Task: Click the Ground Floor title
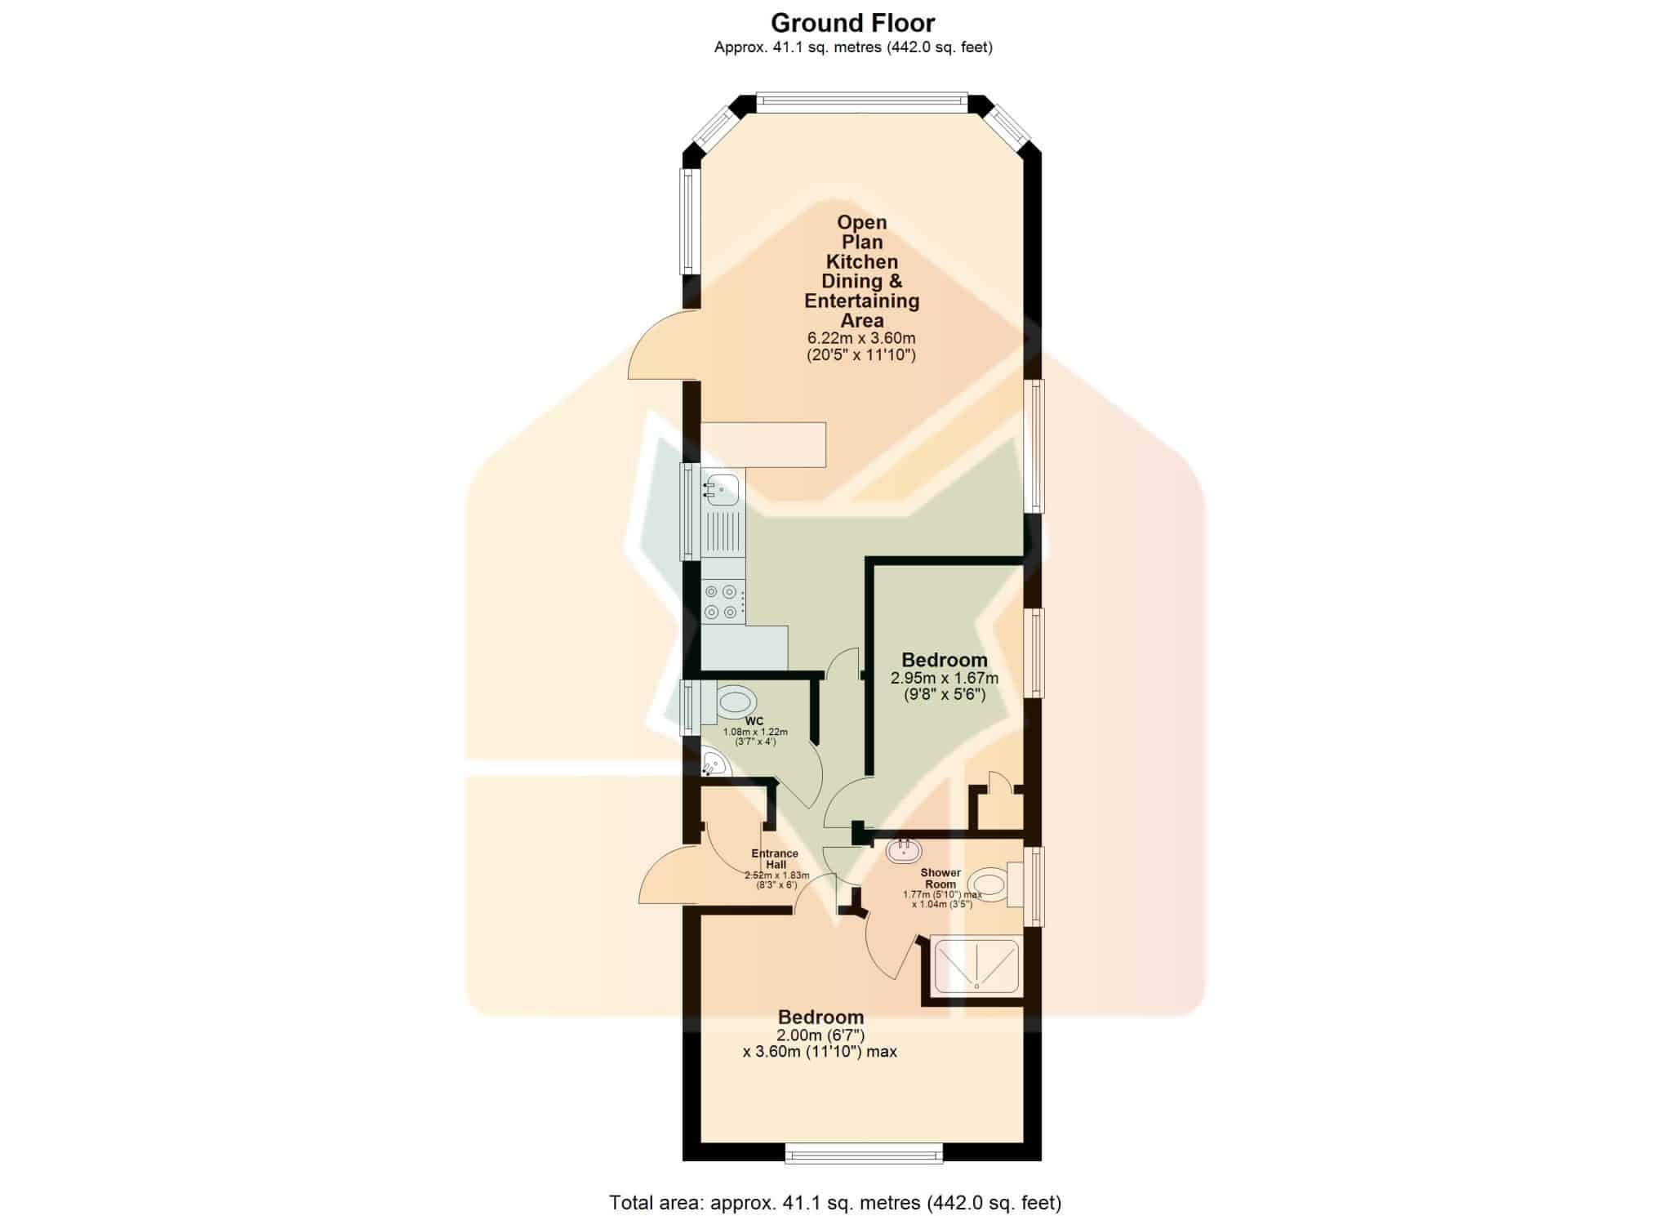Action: (x=853, y=23)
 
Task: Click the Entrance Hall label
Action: (x=775, y=858)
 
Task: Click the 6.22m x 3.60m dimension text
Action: (x=861, y=338)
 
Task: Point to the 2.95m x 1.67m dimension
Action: (x=945, y=678)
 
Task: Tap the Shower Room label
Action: (x=940, y=878)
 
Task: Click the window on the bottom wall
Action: (x=864, y=1153)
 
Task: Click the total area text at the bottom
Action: (x=835, y=1202)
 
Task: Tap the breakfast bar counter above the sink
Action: (x=763, y=444)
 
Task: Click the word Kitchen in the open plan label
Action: (x=862, y=261)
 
